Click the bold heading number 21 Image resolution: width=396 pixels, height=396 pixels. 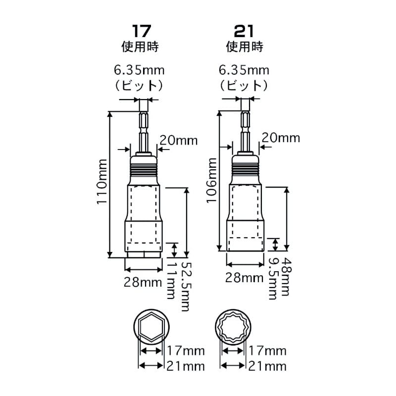[x=244, y=31]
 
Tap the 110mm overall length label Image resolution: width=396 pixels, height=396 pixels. [x=102, y=182]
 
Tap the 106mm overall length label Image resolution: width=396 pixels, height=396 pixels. [x=212, y=180]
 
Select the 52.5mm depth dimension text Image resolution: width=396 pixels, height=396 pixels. [x=185, y=287]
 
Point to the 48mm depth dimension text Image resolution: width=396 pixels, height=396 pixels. [x=286, y=276]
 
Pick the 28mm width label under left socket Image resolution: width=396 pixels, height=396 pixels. [x=143, y=282]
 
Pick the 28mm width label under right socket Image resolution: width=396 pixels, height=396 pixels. [x=244, y=278]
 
